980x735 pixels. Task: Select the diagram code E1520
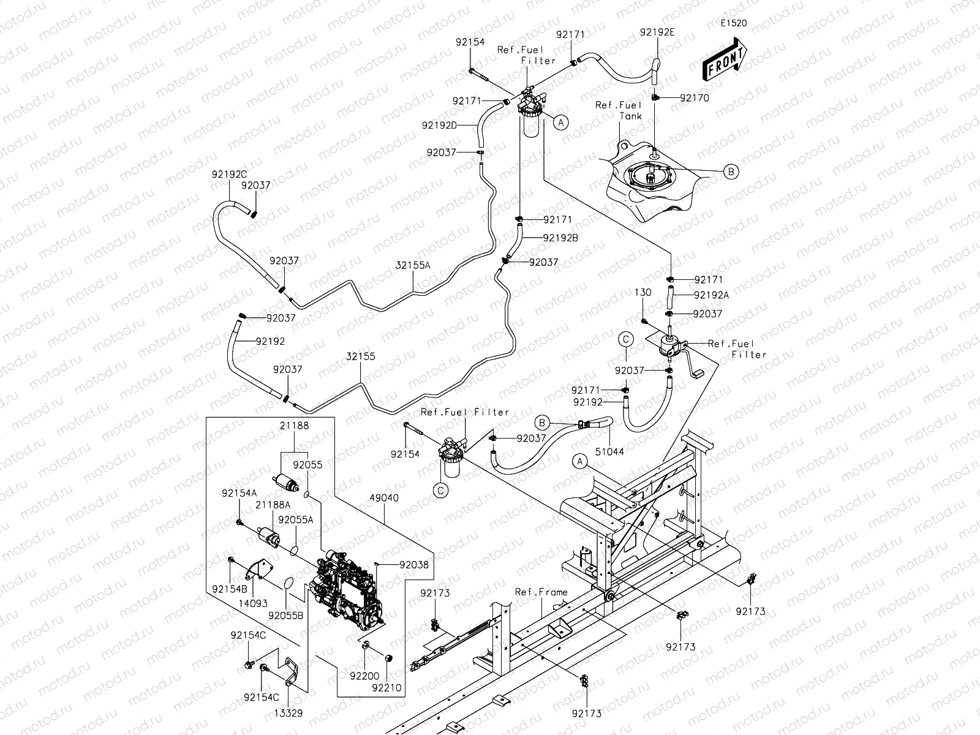tap(734, 23)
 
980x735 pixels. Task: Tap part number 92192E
tap(657, 32)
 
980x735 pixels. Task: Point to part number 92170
tap(694, 98)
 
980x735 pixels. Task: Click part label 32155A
tap(413, 266)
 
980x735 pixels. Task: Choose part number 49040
tap(385, 497)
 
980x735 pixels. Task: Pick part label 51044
tap(609, 451)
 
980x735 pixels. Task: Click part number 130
tap(643, 292)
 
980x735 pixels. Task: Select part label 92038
tap(414, 565)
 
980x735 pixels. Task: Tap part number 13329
tap(288, 713)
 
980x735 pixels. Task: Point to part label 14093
tap(253, 603)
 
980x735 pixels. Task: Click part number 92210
tap(386, 688)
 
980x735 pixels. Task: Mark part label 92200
tap(364, 676)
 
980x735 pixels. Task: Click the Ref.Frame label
tap(541, 592)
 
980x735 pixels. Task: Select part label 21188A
tap(273, 505)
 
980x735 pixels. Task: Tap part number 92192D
tap(439, 126)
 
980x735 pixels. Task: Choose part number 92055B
tap(286, 616)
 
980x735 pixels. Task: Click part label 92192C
tap(230, 175)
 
